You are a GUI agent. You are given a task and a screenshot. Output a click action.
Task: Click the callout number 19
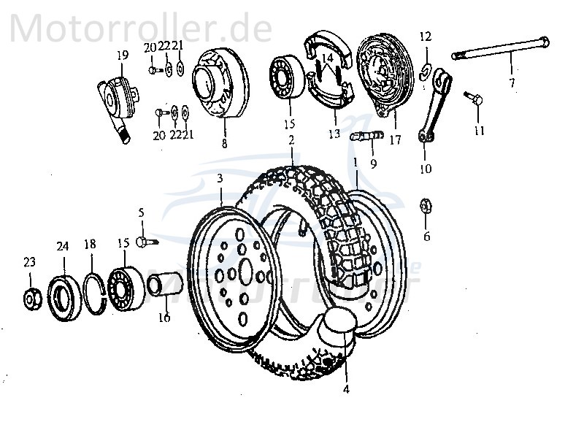point(120,55)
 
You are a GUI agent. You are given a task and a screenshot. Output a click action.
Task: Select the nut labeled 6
point(426,207)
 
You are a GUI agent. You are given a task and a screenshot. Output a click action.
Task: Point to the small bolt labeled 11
point(473,99)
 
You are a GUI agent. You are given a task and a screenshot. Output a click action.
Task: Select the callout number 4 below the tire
point(346,389)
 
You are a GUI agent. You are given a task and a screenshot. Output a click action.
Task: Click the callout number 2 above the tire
point(291,139)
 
